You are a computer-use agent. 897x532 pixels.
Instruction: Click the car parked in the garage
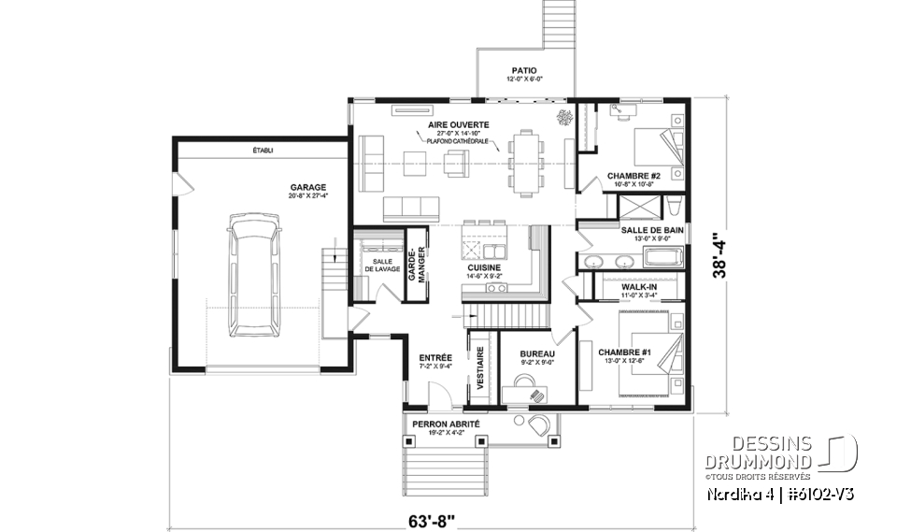[252, 273]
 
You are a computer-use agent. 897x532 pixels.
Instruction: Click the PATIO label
[523, 70]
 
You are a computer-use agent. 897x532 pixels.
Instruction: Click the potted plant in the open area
[564, 118]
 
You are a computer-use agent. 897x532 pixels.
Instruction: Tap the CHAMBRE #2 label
[634, 176]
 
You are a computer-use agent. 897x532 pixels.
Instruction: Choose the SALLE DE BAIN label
[652, 229]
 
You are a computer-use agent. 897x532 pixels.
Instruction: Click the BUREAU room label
[537, 354]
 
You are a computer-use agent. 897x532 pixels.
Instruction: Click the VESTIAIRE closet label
[481, 367]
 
